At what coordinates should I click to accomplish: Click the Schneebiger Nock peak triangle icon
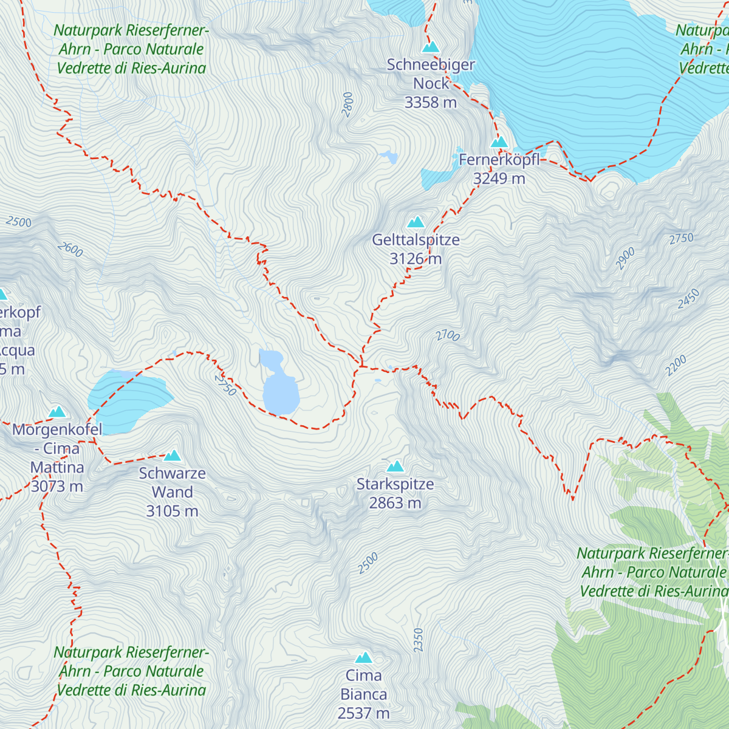[x=431, y=47]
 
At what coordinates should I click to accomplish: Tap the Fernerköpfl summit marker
[x=499, y=142]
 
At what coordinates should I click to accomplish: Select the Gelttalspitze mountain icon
[x=416, y=222]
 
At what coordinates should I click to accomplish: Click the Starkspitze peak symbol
[x=395, y=466]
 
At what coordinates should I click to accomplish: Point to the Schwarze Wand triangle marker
[x=173, y=455]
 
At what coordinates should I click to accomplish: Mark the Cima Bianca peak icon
[x=364, y=657]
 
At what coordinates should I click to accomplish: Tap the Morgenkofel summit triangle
[x=57, y=411]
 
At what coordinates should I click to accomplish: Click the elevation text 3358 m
[x=431, y=103]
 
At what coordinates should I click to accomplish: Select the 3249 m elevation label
[x=499, y=179]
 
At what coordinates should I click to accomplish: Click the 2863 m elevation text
[x=395, y=504]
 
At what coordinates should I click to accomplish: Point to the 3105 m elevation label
[x=173, y=512]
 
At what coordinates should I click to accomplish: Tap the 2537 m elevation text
[x=364, y=713]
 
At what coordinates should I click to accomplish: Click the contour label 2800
[x=347, y=104]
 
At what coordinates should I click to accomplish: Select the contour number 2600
[x=70, y=249]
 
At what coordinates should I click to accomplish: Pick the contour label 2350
[x=418, y=640]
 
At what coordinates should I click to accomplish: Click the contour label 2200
[x=676, y=365]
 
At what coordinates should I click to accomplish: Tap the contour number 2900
[x=625, y=258]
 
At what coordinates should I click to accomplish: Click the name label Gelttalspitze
[x=416, y=240]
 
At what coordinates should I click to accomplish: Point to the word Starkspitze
[x=395, y=485]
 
